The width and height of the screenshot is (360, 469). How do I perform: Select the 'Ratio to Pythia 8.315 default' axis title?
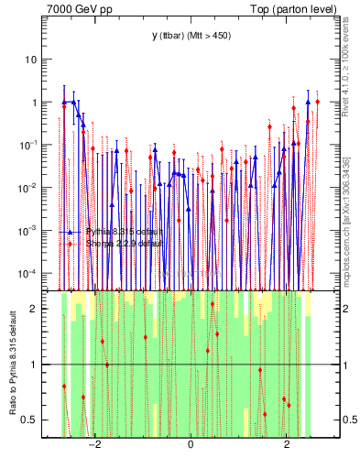click(x=12, y=365)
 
